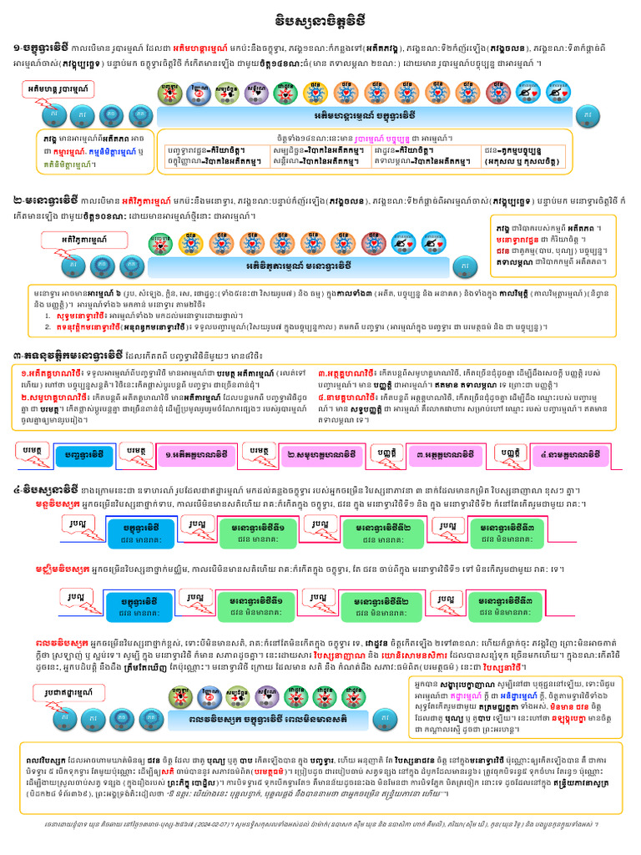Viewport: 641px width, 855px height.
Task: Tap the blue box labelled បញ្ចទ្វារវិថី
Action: pos(83,455)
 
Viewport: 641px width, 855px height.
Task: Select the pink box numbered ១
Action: pos(194,455)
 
